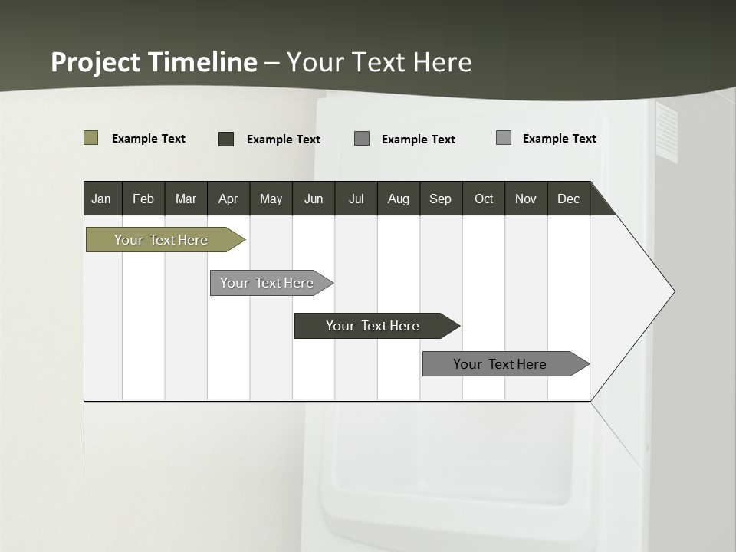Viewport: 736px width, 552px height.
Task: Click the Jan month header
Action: tap(101, 199)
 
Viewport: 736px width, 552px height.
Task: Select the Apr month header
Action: tap(228, 199)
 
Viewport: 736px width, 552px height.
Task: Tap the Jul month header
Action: tap(356, 199)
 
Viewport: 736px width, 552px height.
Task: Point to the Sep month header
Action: tap(440, 199)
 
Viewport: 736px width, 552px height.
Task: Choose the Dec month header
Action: tap(568, 199)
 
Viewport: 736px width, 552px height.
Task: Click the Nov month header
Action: tap(525, 199)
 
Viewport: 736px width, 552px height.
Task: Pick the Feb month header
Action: tap(143, 199)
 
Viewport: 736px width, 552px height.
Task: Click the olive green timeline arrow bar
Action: tap(161, 240)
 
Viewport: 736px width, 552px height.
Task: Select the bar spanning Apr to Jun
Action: tap(267, 283)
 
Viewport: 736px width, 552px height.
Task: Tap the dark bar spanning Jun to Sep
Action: tap(373, 326)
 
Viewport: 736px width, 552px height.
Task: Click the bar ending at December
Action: tap(500, 364)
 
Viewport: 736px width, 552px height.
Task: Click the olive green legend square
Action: tap(91, 138)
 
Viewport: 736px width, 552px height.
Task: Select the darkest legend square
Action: tap(226, 139)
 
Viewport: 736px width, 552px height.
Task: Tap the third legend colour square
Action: tap(362, 139)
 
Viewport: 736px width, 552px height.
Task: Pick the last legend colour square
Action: tap(504, 138)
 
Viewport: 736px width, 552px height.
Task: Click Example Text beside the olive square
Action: tap(149, 139)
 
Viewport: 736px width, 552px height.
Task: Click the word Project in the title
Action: tap(95, 62)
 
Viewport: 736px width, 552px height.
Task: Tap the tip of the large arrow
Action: tap(673, 291)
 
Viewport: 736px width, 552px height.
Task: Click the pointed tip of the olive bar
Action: tap(244, 240)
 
